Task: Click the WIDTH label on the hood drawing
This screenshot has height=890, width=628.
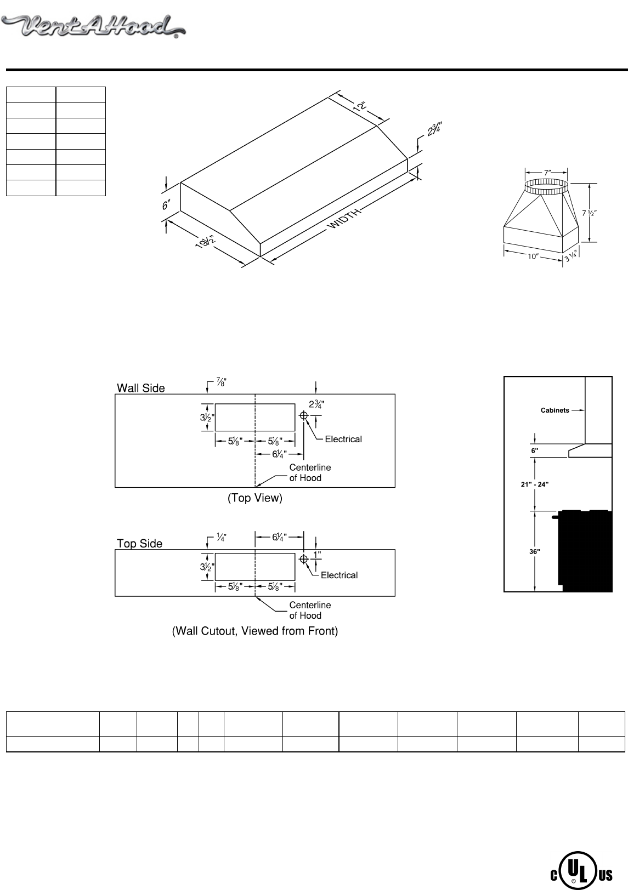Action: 346,219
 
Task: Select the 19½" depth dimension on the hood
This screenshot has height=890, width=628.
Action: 204,242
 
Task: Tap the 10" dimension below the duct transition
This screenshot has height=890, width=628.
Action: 532,256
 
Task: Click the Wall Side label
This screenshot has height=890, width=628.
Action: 140,388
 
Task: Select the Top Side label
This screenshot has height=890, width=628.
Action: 139,543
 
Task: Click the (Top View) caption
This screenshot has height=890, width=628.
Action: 255,498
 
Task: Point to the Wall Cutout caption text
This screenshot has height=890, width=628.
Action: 255,631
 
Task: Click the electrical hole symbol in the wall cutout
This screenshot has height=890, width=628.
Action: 303,559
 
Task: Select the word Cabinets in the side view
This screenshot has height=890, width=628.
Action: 555,410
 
